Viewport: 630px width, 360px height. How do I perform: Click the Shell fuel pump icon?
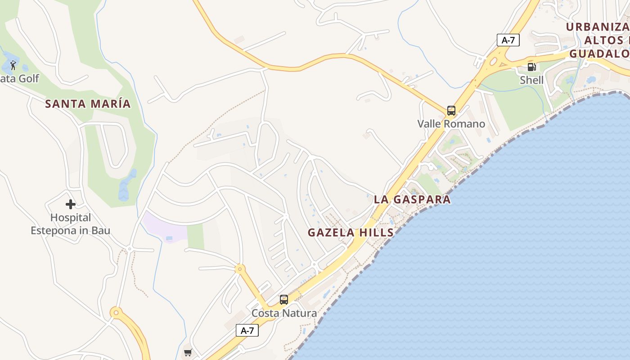click(x=531, y=67)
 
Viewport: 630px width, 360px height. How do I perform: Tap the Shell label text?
click(x=531, y=80)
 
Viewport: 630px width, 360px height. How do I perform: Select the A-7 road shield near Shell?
click(x=508, y=40)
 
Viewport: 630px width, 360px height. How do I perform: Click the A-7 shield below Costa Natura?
click(x=247, y=330)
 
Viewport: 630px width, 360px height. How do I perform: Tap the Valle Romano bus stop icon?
click(x=451, y=111)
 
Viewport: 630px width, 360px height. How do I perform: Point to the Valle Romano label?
click(x=451, y=124)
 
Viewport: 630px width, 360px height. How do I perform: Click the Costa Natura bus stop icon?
click(x=283, y=300)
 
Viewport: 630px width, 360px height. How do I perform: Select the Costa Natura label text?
click(x=284, y=313)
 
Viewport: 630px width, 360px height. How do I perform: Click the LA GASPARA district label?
click(x=412, y=200)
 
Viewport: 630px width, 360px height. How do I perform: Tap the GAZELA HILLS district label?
click(x=351, y=233)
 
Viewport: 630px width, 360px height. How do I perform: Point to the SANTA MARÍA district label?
click(x=88, y=104)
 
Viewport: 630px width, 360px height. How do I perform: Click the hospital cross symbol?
click(x=70, y=204)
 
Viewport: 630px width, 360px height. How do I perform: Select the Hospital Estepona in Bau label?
click(x=70, y=224)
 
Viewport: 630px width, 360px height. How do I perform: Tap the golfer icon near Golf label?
click(x=13, y=66)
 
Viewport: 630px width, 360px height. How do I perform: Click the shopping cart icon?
click(x=188, y=353)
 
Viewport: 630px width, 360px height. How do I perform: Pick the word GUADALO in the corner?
click(x=599, y=54)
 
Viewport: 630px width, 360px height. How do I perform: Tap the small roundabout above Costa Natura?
click(x=239, y=269)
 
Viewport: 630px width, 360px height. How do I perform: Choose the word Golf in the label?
click(x=29, y=79)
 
